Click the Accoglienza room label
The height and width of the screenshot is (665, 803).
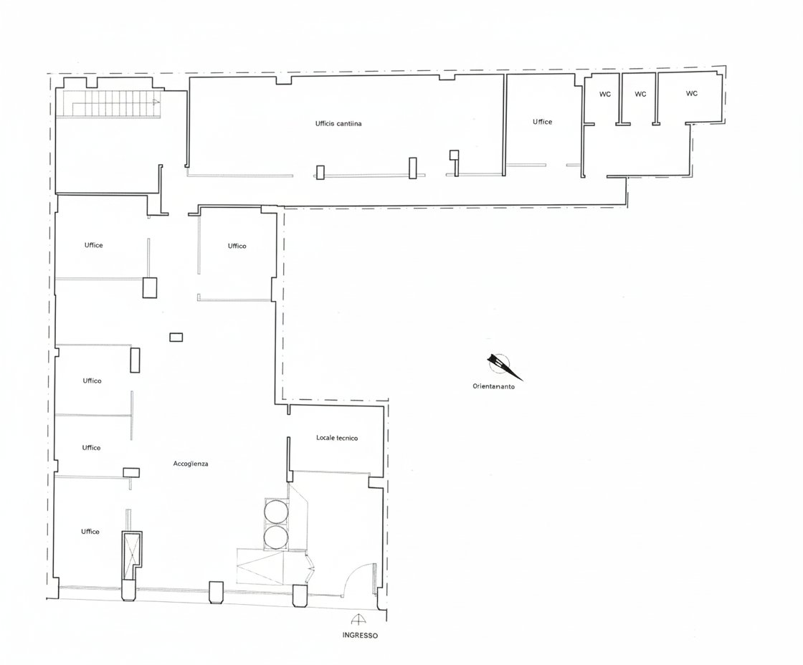pos(191,464)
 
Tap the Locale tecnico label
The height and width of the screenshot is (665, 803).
pos(337,438)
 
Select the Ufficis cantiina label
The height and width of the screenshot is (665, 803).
pos(338,123)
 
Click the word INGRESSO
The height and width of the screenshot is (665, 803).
pos(360,636)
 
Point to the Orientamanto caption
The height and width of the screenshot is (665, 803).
pos(494,386)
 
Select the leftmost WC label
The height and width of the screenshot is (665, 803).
pos(605,94)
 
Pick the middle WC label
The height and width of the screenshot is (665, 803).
pos(640,94)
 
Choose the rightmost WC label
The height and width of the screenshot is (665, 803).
pos(691,94)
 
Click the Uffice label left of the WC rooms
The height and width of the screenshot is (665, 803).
pos(542,122)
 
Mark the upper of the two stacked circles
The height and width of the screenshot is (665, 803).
pos(276,510)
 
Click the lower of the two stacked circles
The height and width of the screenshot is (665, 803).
pos(276,537)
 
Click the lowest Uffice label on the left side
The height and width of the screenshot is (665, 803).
pos(90,532)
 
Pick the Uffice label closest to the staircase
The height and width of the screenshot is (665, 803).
pos(94,245)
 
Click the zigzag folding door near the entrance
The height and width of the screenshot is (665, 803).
pos(310,568)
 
